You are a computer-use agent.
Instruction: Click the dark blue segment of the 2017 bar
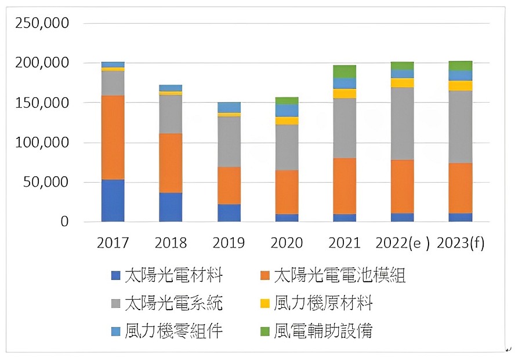click(113, 201)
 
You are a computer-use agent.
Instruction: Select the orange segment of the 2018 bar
click(171, 163)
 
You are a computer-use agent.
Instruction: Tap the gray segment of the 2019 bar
click(229, 141)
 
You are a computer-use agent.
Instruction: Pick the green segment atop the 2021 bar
click(345, 71)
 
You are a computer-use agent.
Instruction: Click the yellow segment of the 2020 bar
click(287, 121)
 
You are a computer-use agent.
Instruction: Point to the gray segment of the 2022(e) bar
click(403, 124)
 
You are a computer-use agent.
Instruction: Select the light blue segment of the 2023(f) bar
click(461, 75)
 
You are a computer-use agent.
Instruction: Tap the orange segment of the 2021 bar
click(345, 186)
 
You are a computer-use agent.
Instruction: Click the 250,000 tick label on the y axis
click(42, 23)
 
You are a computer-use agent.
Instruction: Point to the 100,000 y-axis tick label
click(42, 143)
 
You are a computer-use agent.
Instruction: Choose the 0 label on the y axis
click(64, 221)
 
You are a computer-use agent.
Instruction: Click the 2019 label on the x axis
click(229, 243)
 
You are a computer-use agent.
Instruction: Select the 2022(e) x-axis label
click(403, 243)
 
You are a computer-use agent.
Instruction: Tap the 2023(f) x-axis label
click(461, 243)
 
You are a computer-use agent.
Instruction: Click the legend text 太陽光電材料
click(174, 275)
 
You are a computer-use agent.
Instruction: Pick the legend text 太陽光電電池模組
click(339, 275)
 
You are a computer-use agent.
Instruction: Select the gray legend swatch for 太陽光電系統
click(115, 303)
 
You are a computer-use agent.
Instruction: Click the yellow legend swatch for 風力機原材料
click(264, 303)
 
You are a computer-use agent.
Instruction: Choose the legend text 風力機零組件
click(174, 331)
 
